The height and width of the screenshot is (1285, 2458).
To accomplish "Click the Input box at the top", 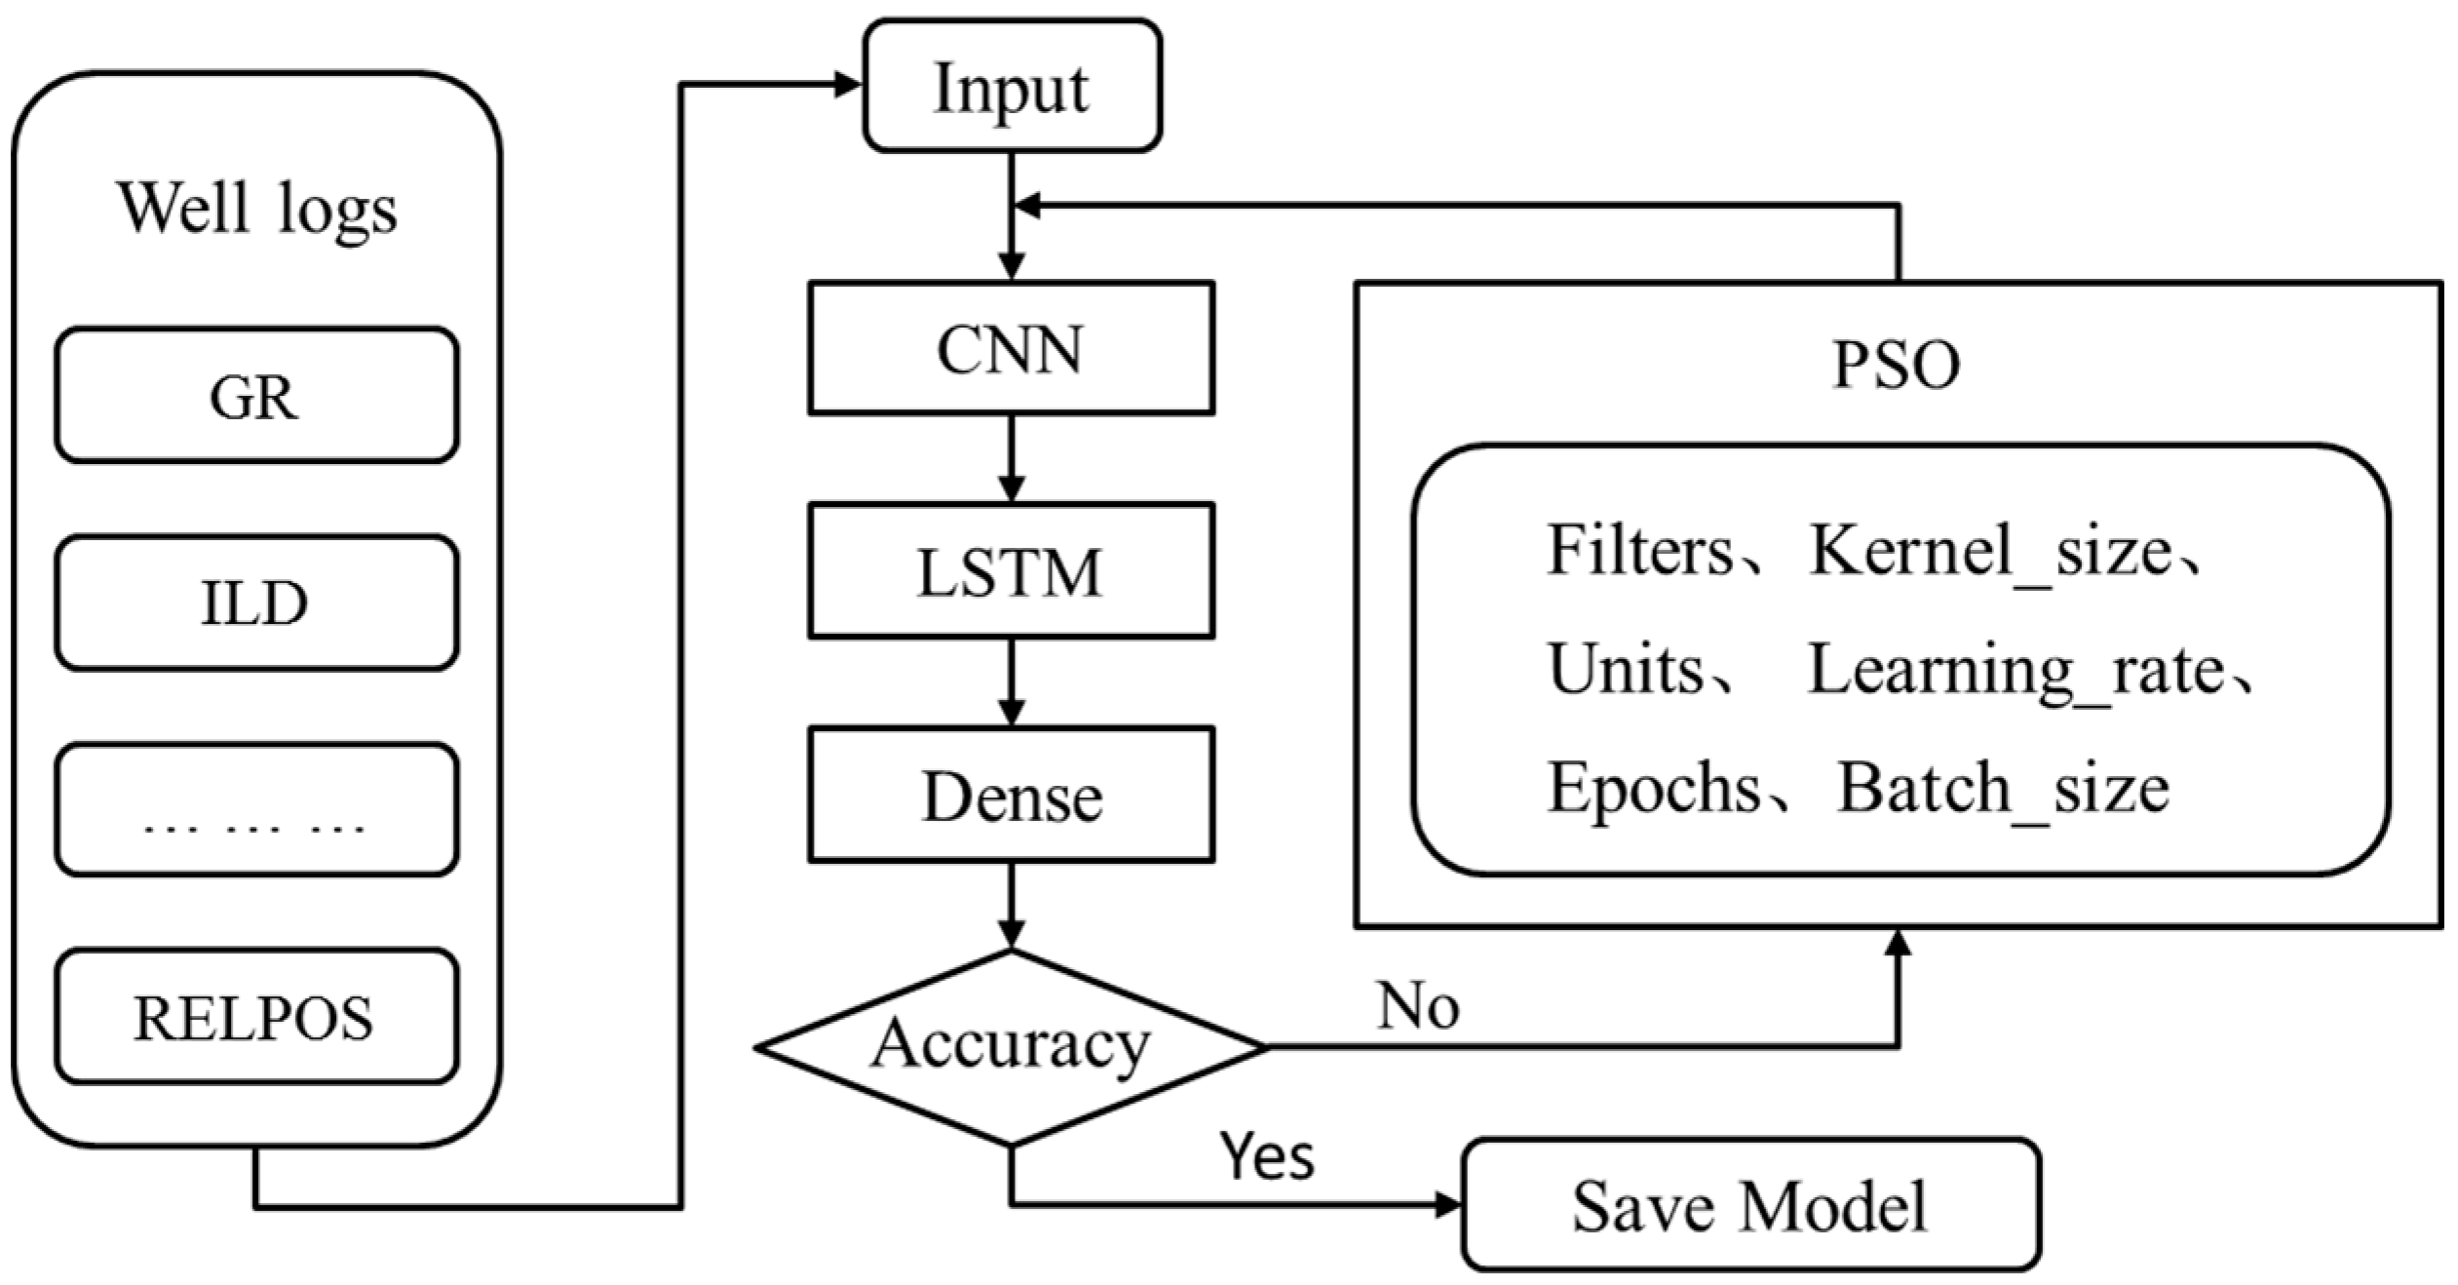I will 1011,87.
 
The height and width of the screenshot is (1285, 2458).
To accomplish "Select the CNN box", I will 1011,348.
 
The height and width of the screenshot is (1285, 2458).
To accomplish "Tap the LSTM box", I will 1011,570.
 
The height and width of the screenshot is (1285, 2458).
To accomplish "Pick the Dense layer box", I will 1011,795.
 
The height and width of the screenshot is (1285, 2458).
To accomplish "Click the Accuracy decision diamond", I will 1011,1046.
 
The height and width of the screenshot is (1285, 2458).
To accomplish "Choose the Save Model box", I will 1749,1205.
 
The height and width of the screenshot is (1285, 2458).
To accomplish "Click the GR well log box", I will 255,395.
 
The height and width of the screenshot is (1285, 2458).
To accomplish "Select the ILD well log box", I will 255,602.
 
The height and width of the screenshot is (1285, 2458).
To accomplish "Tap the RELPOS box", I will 255,1017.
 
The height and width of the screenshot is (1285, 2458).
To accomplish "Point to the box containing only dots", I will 255,809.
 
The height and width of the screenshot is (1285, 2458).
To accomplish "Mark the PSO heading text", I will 1896,366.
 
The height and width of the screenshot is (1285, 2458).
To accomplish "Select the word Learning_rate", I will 2016,671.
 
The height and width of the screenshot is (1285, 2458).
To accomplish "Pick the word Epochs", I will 1654,788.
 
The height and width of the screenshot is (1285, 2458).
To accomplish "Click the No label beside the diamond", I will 1418,1006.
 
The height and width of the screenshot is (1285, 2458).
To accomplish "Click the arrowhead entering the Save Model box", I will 1449,1206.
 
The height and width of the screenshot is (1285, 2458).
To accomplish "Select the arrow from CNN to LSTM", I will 1012,458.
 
